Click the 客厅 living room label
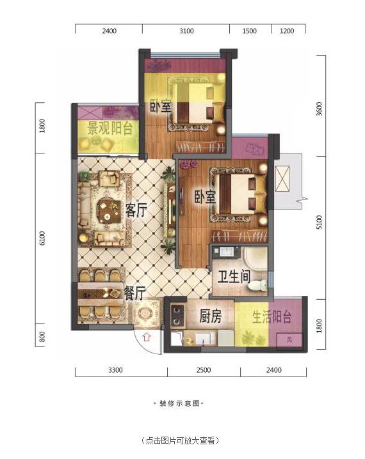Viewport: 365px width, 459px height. (x=136, y=210)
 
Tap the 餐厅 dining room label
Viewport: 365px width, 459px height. (x=134, y=293)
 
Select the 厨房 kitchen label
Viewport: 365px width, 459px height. (x=210, y=316)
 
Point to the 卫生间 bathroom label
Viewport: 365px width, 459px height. (x=234, y=277)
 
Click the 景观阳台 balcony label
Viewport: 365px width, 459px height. (x=109, y=128)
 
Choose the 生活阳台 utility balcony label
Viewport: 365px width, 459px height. (x=272, y=316)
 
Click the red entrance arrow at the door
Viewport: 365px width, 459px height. (x=147, y=337)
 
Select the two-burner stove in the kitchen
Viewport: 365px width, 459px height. (x=178, y=316)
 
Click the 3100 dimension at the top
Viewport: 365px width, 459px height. (x=186, y=31)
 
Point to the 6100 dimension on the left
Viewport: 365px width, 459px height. (x=42, y=238)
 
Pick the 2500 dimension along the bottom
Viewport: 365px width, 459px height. (x=204, y=370)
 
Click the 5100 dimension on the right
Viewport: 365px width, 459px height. (x=320, y=222)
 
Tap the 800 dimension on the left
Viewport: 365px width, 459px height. (x=42, y=337)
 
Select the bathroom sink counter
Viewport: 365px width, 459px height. (x=226, y=251)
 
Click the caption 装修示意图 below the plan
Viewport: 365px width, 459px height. (x=179, y=403)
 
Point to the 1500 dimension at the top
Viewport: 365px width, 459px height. (x=250, y=31)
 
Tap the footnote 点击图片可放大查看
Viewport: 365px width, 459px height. (x=179, y=440)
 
